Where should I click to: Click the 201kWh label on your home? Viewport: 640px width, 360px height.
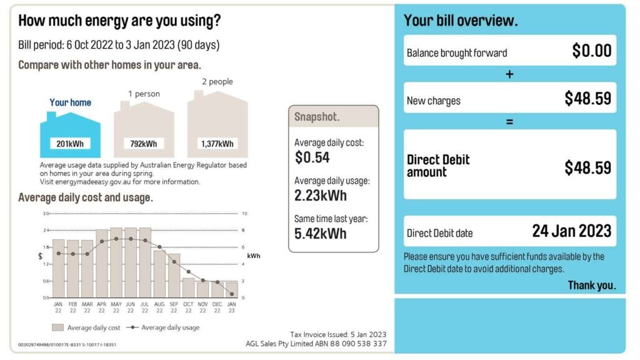coord(70,144)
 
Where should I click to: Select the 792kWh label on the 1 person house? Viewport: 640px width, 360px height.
coord(143,144)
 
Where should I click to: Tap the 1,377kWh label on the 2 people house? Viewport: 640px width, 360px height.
coord(217,144)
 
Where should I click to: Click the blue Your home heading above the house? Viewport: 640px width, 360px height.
coord(70,102)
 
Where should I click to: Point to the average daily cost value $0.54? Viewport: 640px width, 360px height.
coord(312,157)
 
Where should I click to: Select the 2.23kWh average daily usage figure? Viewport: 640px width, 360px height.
coord(321,196)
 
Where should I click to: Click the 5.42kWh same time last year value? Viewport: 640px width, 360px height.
coord(321,234)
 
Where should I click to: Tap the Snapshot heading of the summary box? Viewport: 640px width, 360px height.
coord(317,117)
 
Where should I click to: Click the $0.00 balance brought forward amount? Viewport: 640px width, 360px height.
coord(592,51)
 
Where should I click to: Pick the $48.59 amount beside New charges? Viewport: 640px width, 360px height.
coord(588,98)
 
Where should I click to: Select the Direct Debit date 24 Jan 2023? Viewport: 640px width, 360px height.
coord(572,231)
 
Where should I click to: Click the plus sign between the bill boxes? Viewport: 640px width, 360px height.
coord(509,74)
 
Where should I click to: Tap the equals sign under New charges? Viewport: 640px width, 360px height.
coord(509,122)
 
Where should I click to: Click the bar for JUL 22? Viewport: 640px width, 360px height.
coord(145,262)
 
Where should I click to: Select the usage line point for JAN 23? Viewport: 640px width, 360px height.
coord(232,294)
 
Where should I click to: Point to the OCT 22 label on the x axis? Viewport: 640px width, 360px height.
coord(188,307)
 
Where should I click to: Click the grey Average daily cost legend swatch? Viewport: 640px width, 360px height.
coord(57,327)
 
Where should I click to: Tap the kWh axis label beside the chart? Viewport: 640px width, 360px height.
coord(254,256)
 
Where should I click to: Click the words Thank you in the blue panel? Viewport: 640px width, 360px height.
coord(592,285)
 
